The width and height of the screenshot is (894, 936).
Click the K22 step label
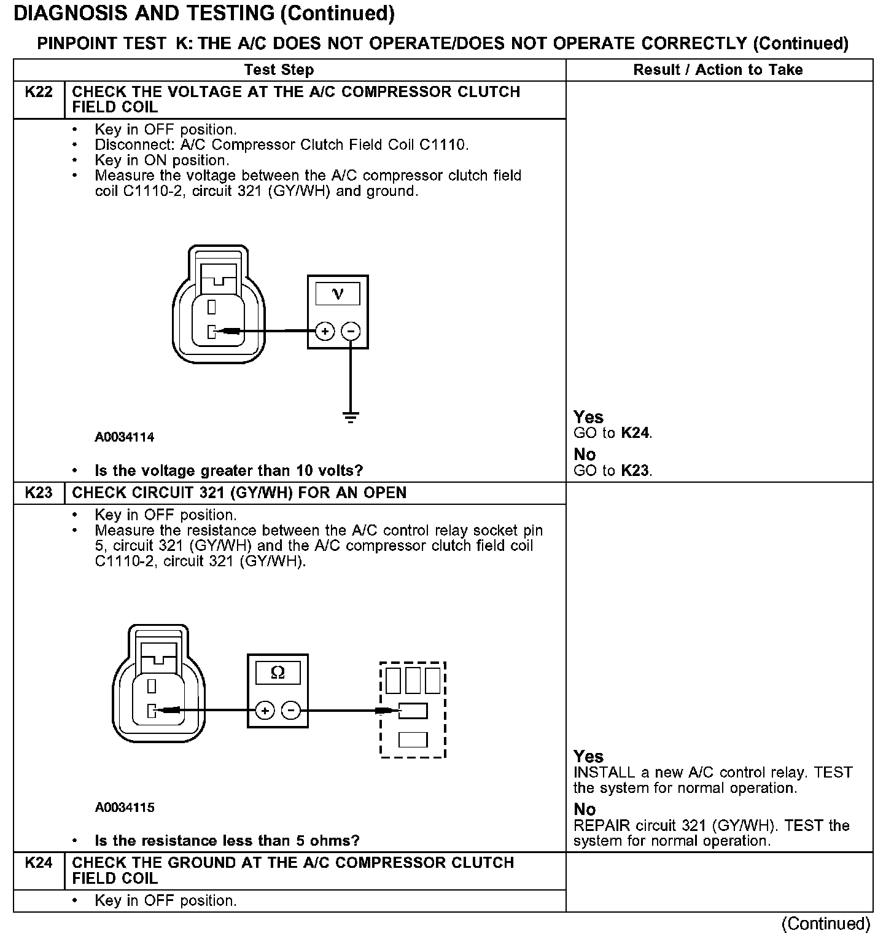[x=38, y=92]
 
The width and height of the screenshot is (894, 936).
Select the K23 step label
[x=38, y=493]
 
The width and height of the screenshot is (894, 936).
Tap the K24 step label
[x=38, y=863]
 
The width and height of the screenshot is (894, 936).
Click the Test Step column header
[x=279, y=70]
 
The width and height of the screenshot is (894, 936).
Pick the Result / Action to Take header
[x=718, y=70]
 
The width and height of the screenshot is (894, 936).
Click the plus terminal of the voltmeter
[x=325, y=332]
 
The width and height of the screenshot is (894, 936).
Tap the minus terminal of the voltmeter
[x=351, y=332]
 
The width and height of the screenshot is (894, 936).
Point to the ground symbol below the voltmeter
[x=351, y=418]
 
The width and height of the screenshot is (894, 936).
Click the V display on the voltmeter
[x=338, y=294]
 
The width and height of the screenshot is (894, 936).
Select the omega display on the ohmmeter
[x=278, y=673]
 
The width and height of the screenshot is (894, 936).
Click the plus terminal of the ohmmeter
[x=265, y=711]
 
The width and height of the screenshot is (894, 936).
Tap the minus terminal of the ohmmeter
[x=290, y=711]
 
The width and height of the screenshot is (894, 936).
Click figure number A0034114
[x=125, y=437]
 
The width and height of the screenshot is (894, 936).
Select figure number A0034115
[x=125, y=808]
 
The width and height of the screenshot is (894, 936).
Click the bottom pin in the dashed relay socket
[x=413, y=739]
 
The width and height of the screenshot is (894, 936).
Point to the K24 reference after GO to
[x=634, y=433]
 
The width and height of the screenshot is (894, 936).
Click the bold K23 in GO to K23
[x=634, y=471]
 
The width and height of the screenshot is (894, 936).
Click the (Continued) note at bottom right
[x=825, y=923]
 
